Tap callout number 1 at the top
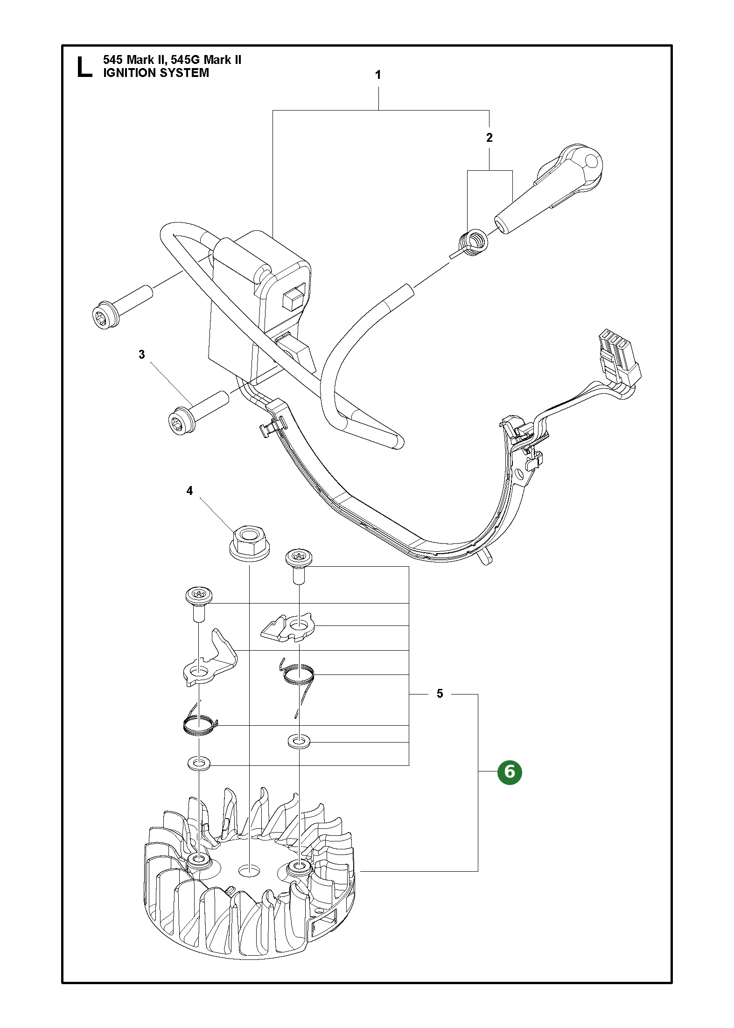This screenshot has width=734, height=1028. click(x=378, y=75)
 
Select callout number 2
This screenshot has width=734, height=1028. click(x=489, y=138)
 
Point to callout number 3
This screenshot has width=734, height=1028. click(x=142, y=354)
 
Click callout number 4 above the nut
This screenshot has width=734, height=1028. click(x=189, y=491)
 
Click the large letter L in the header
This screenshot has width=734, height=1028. click(x=84, y=67)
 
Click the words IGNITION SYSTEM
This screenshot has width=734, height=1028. click(x=156, y=73)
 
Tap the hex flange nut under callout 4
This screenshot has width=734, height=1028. click(x=250, y=542)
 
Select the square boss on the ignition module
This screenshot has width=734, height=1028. click(x=295, y=297)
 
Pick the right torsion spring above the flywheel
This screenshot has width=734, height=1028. click(x=299, y=674)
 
